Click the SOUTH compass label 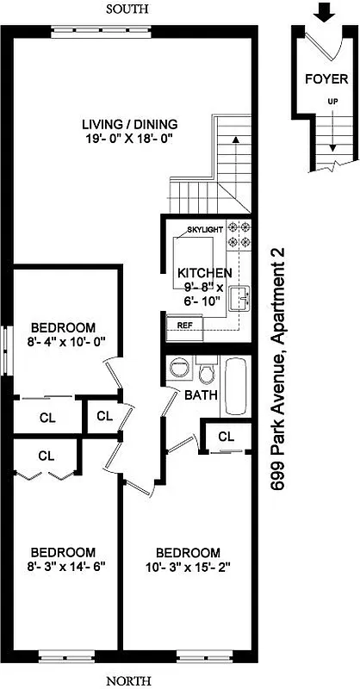(127, 9)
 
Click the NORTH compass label (127, 680)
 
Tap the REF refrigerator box (184, 326)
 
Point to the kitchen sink (243, 298)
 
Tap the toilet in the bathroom (207, 373)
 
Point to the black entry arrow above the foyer (324, 12)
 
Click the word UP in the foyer (332, 101)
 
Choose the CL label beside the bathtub (227, 437)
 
